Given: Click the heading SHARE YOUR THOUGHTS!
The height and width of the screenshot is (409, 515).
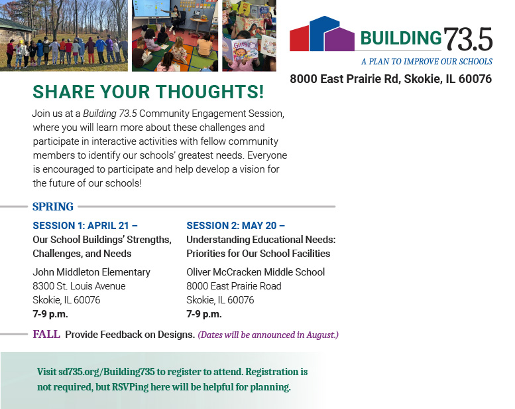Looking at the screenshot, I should tap(148, 92).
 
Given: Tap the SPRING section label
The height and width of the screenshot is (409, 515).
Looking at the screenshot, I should tap(53, 206).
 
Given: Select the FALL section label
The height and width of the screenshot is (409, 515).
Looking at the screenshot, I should tap(46, 334).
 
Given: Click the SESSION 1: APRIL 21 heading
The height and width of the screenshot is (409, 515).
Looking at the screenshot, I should tap(85, 226).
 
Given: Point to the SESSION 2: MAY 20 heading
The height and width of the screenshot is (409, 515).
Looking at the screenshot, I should tap(235, 226).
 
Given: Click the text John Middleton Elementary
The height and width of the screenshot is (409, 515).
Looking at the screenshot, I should tap(91, 272).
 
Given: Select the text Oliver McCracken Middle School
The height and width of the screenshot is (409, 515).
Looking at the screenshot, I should tap(255, 272).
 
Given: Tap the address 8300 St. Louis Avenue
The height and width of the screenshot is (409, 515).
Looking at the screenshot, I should tap(79, 286).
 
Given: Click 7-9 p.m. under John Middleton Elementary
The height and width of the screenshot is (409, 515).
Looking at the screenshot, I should tap(50, 314).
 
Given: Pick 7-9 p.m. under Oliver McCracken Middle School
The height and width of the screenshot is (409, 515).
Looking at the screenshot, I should tap(204, 314).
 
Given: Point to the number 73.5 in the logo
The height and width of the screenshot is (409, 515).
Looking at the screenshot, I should tap(469, 40).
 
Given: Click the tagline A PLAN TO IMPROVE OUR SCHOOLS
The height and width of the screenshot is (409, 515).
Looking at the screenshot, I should tap(426, 62).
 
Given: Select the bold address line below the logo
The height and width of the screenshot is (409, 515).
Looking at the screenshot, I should tap(390, 79).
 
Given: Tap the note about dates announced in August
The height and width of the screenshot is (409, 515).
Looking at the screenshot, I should tap(268, 335).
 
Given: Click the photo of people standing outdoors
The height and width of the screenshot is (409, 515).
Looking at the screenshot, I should tap(64, 36).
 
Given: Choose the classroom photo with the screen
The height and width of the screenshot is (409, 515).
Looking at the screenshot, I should tap(174, 36).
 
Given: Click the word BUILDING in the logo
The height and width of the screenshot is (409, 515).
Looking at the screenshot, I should tap(401, 39).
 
